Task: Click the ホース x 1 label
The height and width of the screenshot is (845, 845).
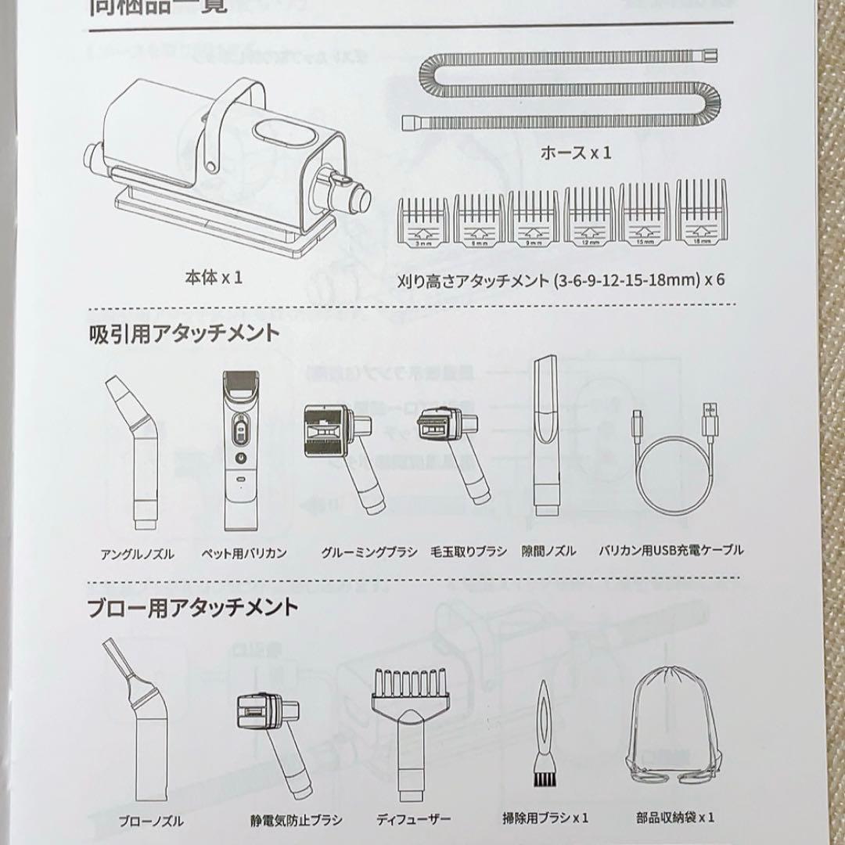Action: pyautogui.click(x=576, y=153)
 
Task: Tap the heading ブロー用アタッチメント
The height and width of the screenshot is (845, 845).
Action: pyautogui.click(x=192, y=606)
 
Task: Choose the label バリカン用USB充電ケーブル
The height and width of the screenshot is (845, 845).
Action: pyautogui.click(x=671, y=551)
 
